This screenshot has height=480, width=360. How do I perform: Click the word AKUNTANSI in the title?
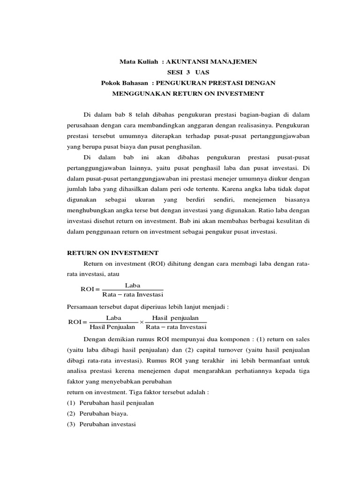coord(183,61)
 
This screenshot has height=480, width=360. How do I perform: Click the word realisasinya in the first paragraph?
coord(255,126)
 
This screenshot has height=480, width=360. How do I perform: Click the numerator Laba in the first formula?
coord(132,285)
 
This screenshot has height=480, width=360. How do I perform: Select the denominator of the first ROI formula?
coord(132,294)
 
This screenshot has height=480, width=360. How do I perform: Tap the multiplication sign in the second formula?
coord(142,322)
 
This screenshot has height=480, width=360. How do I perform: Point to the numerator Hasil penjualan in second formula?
coord(176,318)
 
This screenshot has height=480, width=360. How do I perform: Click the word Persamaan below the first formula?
coord(80,307)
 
